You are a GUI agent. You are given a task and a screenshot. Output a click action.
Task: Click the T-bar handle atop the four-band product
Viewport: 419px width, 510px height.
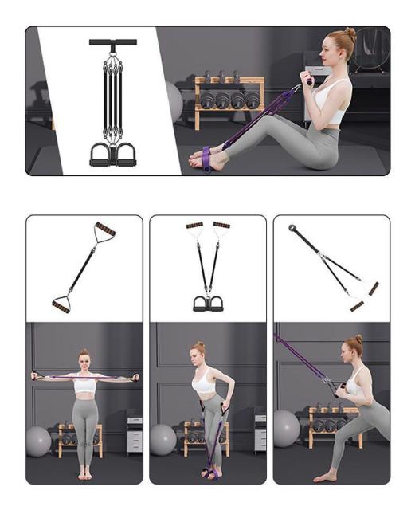tap(112, 41)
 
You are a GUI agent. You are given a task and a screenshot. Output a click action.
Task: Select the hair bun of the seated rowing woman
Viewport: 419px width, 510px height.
tap(350, 34)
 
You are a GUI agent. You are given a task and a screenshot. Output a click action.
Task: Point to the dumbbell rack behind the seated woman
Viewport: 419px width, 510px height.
tap(228, 100)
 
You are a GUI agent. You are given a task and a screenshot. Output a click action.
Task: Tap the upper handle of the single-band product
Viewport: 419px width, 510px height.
tap(104, 232)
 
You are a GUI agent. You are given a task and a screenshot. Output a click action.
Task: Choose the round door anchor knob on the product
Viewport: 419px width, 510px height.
tap(292, 228)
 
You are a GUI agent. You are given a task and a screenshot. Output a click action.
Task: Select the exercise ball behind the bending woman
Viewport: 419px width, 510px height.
tap(163, 438)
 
